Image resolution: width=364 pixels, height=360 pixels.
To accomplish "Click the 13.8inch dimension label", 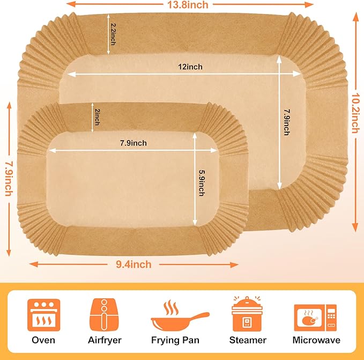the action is click(188, 5).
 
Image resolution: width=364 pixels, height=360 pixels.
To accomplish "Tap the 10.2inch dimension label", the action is click(355, 113).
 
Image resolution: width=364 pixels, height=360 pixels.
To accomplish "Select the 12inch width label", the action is click(190, 67).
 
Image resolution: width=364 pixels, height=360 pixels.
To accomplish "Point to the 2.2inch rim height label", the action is click(113, 34).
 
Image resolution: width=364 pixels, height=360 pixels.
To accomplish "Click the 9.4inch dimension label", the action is click(133, 265).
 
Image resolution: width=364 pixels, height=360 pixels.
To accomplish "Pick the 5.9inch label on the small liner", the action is click(202, 183).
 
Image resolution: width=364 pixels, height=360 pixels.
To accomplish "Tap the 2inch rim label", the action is click(97, 117).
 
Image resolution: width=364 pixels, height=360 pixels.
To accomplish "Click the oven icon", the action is click(43, 315).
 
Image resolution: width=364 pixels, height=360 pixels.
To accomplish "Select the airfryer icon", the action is click(104, 315).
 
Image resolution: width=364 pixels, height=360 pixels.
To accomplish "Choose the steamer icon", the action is click(247, 314).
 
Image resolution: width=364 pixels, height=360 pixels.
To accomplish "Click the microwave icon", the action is click(315, 318).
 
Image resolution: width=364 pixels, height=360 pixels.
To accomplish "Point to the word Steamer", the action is click(248, 340).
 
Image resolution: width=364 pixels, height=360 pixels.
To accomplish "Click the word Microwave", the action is click(316, 340).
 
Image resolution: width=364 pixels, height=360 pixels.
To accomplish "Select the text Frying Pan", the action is click(175, 341).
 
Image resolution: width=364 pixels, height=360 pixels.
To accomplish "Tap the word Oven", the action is click(43, 340).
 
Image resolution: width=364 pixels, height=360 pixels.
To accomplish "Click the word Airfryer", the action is click(105, 341).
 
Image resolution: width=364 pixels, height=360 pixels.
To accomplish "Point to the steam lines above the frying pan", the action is click(171, 307).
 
